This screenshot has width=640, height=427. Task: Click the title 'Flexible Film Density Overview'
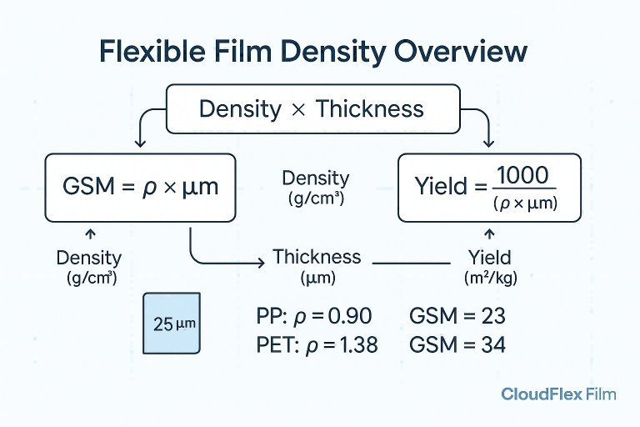pyautogui.click(x=312, y=52)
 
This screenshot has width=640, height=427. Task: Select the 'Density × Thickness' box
pyautogui.click(x=312, y=108)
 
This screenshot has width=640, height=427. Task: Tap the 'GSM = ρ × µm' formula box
pyautogui.click(x=139, y=186)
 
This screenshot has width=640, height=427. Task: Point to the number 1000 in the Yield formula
pyautogui.click(x=522, y=176)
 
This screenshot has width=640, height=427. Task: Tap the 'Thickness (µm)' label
pyautogui.click(x=317, y=264)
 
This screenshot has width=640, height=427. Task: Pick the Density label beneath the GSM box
pyautogui.click(x=89, y=266)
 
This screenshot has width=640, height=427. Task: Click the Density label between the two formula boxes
pyautogui.click(x=316, y=187)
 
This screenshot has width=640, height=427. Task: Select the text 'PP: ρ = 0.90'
pyautogui.click(x=314, y=317)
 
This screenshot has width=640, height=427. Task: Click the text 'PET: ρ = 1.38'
pyautogui.click(x=317, y=344)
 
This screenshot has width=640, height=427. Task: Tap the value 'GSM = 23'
pyautogui.click(x=457, y=317)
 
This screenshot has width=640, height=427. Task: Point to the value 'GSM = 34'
pyautogui.click(x=457, y=344)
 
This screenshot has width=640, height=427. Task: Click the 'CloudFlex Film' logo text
pyautogui.click(x=558, y=394)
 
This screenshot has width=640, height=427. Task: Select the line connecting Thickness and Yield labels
pyautogui.click(x=410, y=263)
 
